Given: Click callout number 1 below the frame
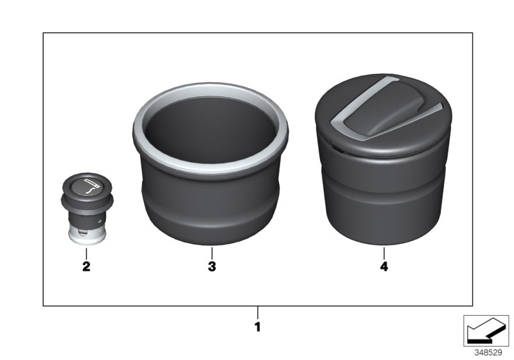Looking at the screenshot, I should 258,327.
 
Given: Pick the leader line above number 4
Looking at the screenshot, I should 384,253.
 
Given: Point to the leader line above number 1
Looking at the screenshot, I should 258,312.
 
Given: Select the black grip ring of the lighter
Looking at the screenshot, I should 86,203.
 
